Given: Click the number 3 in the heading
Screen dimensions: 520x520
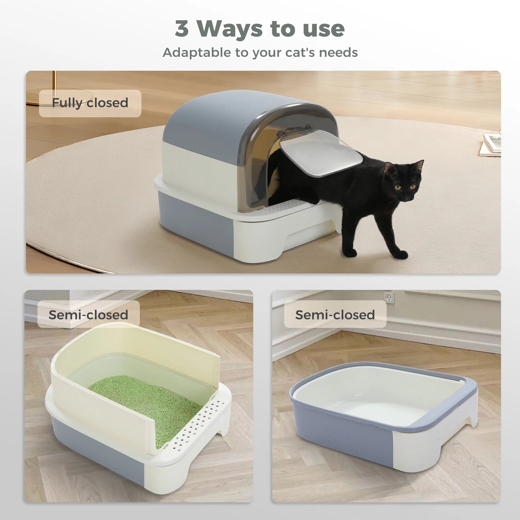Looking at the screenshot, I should [182, 29].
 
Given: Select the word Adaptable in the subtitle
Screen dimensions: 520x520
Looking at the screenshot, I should [196, 52].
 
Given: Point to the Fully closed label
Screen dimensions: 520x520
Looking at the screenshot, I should [90, 103].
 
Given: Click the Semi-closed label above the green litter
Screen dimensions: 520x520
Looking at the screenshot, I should [88, 315].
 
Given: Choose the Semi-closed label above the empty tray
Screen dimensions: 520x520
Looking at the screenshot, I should [335, 315].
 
